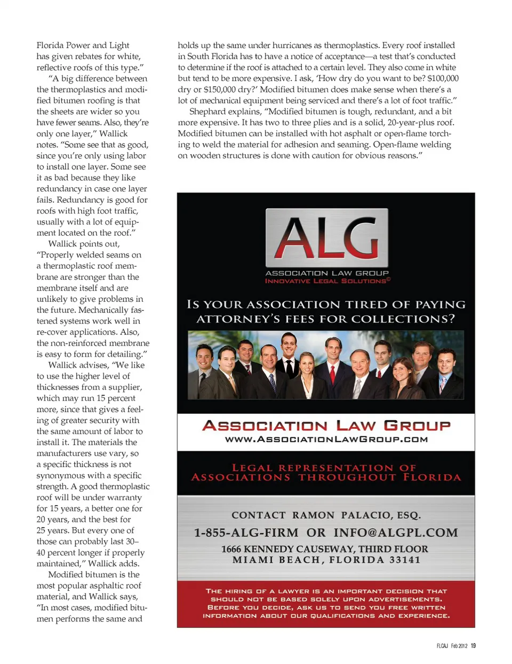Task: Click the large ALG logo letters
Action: (x=326, y=238)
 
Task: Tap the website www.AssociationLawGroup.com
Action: (x=326, y=439)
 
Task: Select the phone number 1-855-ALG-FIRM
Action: (x=246, y=533)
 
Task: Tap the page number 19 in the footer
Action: (x=473, y=646)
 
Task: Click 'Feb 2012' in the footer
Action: (x=459, y=646)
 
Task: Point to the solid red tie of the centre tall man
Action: (x=333, y=373)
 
